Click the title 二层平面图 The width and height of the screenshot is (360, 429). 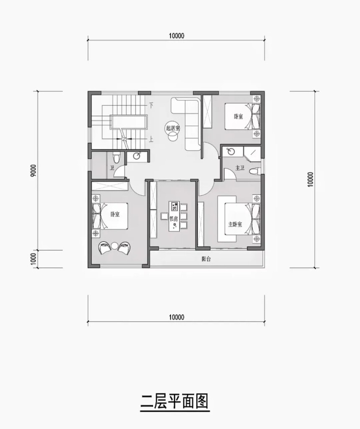(x=175, y=401)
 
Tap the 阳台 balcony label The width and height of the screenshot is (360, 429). (x=206, y=259)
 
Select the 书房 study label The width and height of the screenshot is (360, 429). (x=173, y=219)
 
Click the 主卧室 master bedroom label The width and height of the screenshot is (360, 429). (x=235, y=225)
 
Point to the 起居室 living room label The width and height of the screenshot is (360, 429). (x=173, y=128)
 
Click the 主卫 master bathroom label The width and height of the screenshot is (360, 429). (x=240, y=168)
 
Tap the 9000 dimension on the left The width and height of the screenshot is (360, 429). (x=33, y=171)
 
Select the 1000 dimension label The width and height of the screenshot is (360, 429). (x=33, y=258)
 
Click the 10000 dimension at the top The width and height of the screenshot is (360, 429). (x=176, y=36)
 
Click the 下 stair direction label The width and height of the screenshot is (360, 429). (x=151, y=105)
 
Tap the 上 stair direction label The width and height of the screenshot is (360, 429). (x=151, y=140)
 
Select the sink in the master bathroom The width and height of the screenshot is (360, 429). (x=229, y=151)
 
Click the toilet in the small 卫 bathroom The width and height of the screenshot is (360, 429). (x=116, y=158)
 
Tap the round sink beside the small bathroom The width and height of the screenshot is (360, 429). (x=137, y=156)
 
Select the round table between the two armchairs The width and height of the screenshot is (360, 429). (x=114, y=246)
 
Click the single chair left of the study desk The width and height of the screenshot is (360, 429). (x=164, y=217)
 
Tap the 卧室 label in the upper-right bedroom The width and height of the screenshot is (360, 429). (x=238, y=117)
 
